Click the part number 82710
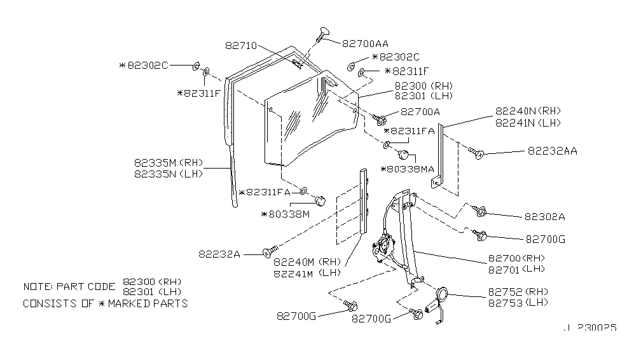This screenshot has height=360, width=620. (240, 46)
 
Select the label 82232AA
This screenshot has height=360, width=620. (552, 151)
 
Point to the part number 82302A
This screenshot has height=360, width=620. (544, 216)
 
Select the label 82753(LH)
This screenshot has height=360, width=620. (518, 303)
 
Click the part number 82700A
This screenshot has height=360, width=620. (420, 111)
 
